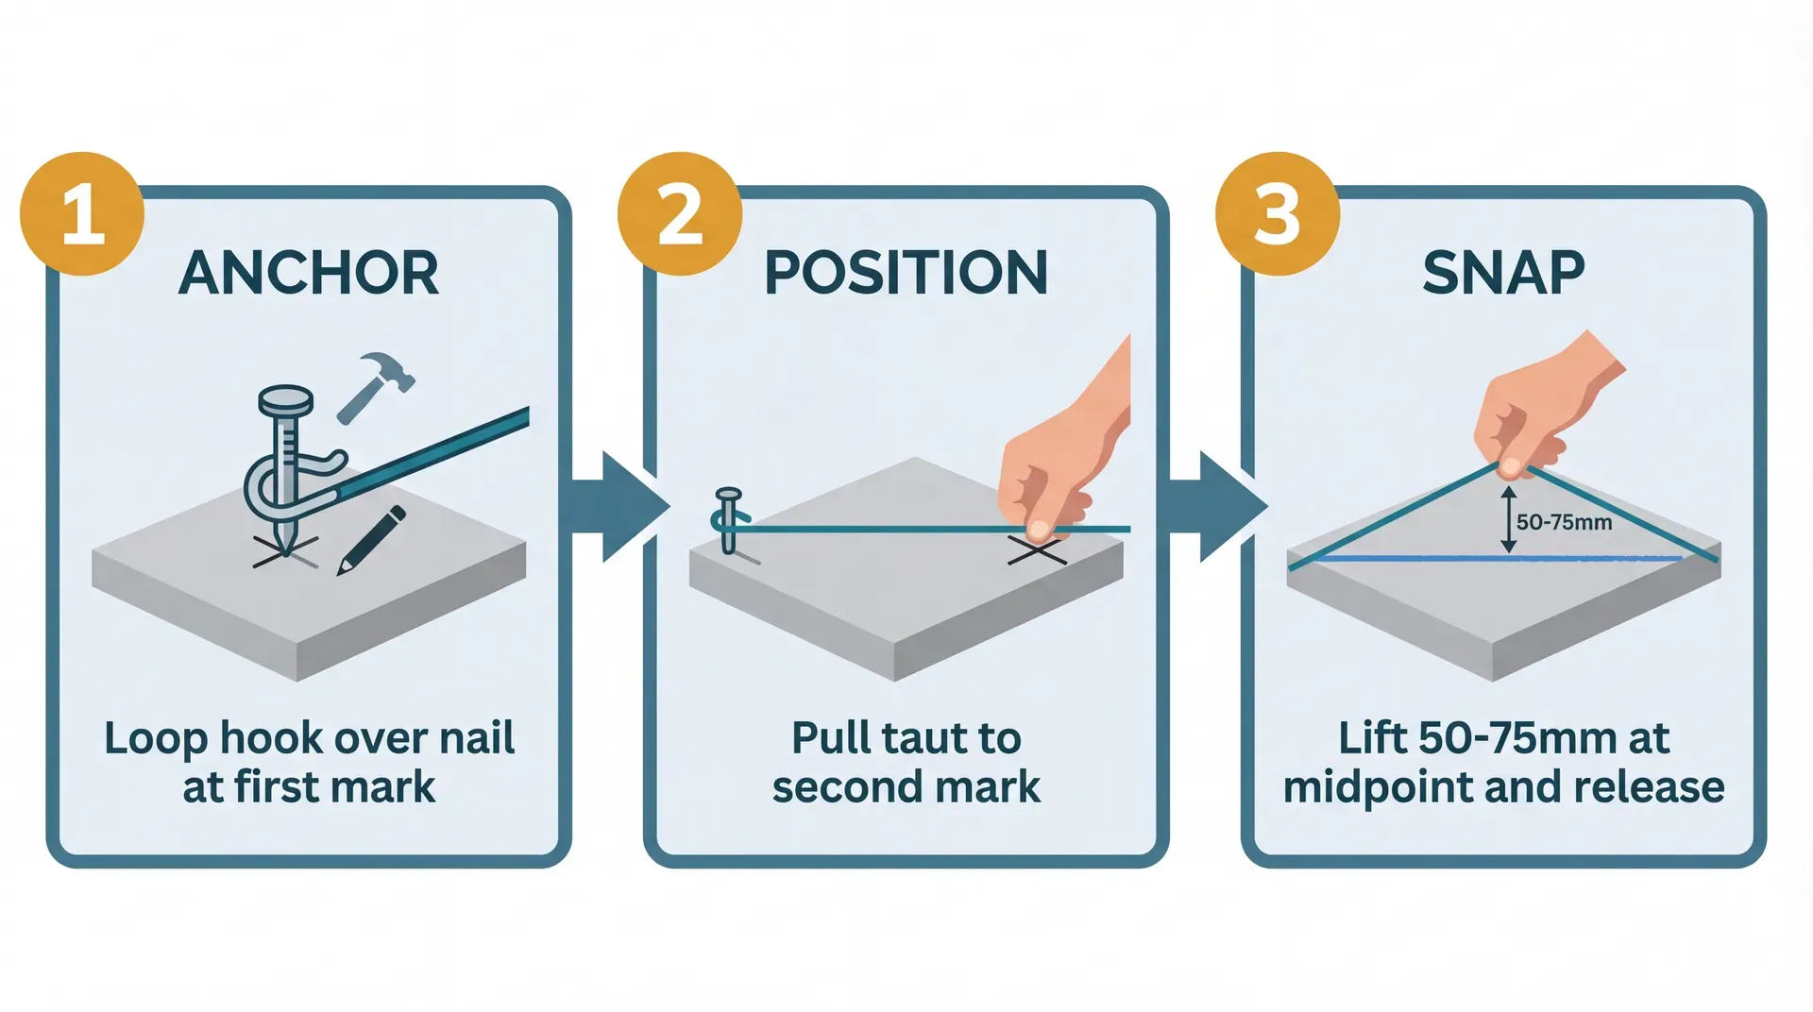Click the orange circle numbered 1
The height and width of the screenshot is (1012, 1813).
[x=82, y=214]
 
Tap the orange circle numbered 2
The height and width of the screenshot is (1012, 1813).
[x=680, y=214]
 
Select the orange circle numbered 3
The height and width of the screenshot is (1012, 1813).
[x=1278, y=214]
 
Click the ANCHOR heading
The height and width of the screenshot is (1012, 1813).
[x=309, y=274]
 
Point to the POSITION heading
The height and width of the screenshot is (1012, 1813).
[x=906, y=274]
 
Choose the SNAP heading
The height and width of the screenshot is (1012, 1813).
[x=1503, y=274]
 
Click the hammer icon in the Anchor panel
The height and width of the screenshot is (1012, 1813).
[x=376, y=386]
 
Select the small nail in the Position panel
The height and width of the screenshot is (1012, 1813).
[x=728, y=520]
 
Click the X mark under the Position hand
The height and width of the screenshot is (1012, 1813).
[x=1037, y=550]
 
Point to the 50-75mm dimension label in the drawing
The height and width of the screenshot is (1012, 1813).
[x=1564, y=522]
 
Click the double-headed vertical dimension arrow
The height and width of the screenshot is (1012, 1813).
[x=1508, y=519]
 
